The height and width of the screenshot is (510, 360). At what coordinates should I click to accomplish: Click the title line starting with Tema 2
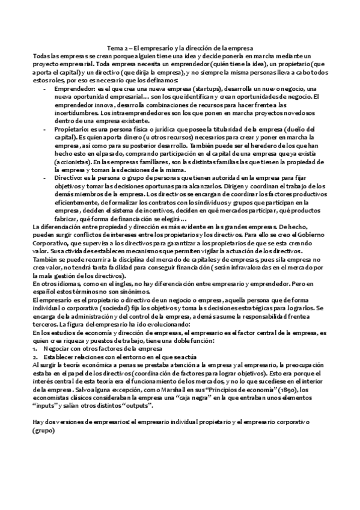point(180,48)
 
